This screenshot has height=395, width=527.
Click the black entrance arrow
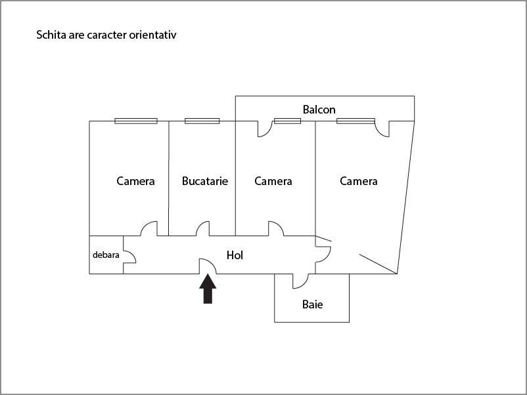(x=208, y=289)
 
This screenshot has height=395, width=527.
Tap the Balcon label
(x=319, y=110)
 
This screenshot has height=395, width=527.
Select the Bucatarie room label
(x=205, y=181)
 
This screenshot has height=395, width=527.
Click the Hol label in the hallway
(x=235, y=255)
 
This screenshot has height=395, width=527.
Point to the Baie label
(x=313, y=304)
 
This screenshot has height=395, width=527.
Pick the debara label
(x=106, y=255)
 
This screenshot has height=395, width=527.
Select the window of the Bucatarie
(x=202, y=121)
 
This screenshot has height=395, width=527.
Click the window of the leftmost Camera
(x=136, y=121)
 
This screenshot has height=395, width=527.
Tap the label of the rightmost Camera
(x=359, y=181)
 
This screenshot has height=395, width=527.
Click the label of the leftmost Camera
(x=135, y=181)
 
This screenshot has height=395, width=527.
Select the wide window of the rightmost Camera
(x=355, y=121)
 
